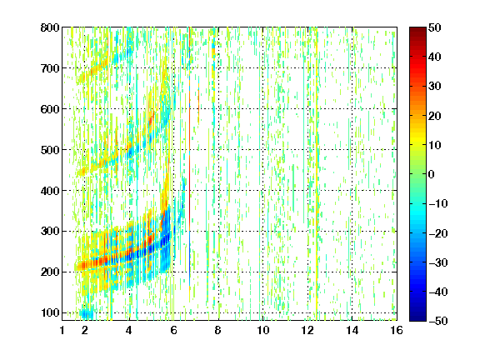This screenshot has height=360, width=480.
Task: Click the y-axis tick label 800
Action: point(50,27)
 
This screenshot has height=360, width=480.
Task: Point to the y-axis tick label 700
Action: point(50,68)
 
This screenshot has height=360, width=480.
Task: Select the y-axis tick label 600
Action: point(50,109)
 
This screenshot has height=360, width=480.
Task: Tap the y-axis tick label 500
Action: point(50,150)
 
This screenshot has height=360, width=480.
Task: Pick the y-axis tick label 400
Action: point(50,190)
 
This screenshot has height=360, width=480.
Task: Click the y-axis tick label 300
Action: point(50,231)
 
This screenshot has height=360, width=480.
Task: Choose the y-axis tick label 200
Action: point(50,272)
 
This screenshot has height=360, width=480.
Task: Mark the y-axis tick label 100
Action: point(50,312)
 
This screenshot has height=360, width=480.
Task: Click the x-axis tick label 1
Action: point(62,330)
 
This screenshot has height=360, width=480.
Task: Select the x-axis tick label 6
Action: point(173,330)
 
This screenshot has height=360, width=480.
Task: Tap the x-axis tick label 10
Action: point(262,330)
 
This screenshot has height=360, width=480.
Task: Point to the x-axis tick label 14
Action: point(352,330)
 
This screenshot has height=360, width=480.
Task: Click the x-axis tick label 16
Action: point(397,330)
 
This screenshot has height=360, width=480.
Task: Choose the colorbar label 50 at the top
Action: point(434,27)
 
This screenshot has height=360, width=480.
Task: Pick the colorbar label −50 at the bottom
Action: point(438,321)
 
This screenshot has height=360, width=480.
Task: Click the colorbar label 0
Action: point(431,174)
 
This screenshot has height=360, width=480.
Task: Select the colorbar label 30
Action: point(434,87)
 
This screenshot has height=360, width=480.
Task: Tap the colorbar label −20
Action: point(438,233)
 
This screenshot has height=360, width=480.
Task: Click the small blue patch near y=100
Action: point(87,314)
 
